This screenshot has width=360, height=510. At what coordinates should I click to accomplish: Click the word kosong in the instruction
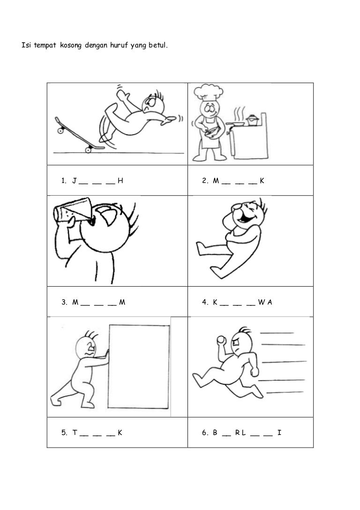70,45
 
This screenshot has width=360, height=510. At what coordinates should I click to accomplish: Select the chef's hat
208,91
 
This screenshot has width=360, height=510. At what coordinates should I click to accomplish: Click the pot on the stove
253,120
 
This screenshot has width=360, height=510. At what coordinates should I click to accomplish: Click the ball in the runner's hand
221,340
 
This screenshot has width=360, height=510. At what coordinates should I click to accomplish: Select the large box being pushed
139,366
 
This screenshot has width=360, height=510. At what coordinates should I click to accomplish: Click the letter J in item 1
75,181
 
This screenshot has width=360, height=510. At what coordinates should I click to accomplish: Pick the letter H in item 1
120,181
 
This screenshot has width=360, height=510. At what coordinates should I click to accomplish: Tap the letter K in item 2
262,181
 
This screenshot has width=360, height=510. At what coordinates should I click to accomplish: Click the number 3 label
64,302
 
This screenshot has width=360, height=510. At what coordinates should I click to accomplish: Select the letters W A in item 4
265,302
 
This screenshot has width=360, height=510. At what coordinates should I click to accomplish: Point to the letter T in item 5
75,432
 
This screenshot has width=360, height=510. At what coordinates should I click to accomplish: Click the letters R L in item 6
240,432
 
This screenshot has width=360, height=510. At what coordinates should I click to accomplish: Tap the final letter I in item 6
279,432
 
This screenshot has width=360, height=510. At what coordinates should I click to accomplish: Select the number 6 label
205,432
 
